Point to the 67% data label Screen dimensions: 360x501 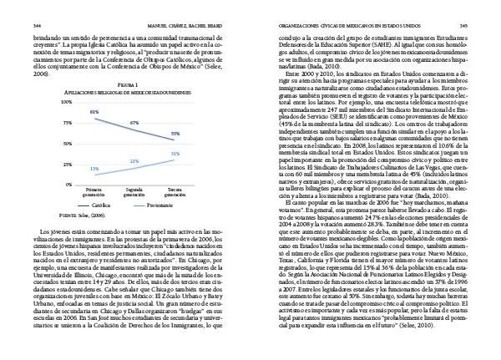tap(134, 122)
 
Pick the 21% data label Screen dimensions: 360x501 tap(134, 160)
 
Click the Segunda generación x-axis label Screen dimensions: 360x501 tap(134, 193)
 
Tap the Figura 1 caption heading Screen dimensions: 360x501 tap(127, 84)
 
